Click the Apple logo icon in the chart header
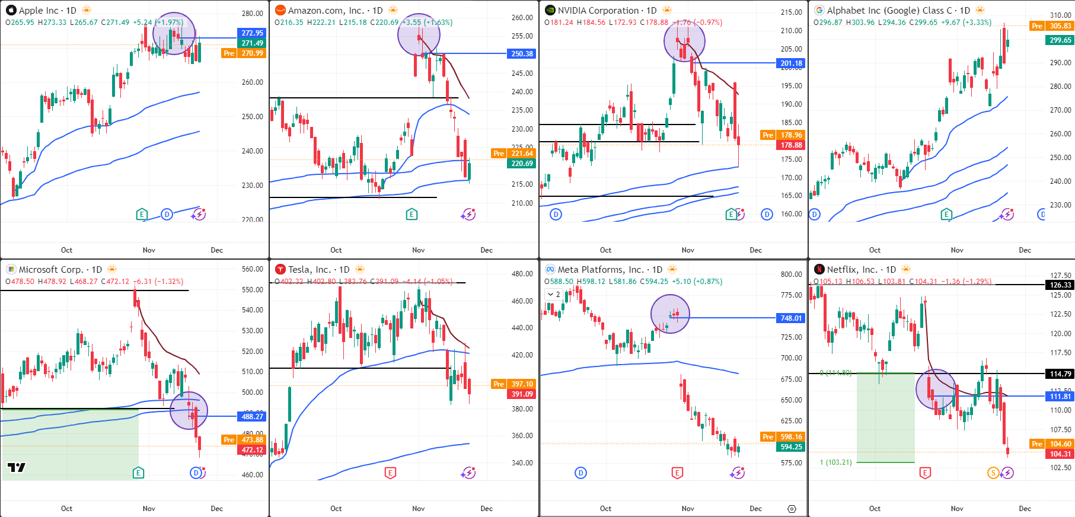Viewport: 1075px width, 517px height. [x=11, y=10]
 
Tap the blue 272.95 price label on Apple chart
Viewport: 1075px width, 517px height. [x=252, y=33]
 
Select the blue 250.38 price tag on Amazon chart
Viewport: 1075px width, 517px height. [x=522, y=53]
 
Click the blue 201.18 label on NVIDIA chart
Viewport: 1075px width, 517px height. [x=791, y=63]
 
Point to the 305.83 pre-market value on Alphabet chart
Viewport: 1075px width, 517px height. [x=1060, y=26]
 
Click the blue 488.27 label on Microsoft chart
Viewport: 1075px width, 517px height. [x=252, y=416]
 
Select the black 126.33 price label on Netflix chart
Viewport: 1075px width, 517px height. [x=1060, y=285]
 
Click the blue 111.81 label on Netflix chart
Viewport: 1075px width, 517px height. [x=1060, y=397]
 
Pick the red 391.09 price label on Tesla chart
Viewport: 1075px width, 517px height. [x=522, y=394]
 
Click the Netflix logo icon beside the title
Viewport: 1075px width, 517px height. [x=819, y=269]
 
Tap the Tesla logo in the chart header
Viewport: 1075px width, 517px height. [x=280, y=269]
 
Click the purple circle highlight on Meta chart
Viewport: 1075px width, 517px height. [x=670, y=314]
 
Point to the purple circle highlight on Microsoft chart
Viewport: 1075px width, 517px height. [x=189, y=410]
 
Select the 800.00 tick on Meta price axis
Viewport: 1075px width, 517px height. [x=791, y=274]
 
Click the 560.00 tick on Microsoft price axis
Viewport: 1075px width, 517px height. [x=252, y=269]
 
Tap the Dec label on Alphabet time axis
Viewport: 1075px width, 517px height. [x=1025, y=250]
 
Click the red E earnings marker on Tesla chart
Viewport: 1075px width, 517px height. [x=390, y=473]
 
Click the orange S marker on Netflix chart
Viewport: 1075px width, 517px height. [x=993, y=473]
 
